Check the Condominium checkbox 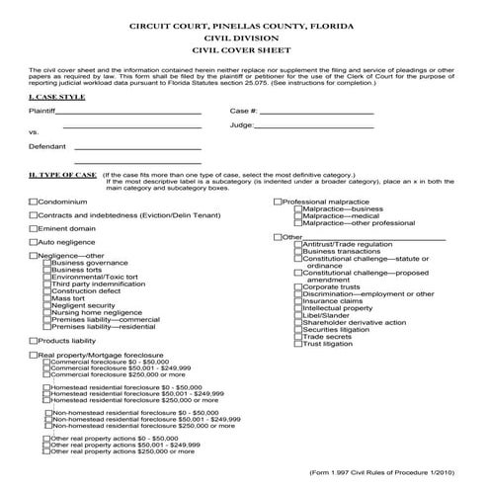click(x=34, y=201)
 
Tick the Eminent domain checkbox click(x=34, y=227)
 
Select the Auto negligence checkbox click(x=34, y=241)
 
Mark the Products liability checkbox click(x=34, y=340)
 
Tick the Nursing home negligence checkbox click(x=47, y=312)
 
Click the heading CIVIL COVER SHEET click(x=244, y=47)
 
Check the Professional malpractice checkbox click(x=277, y=201)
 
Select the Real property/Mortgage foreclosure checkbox click(x=34, y=354)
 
